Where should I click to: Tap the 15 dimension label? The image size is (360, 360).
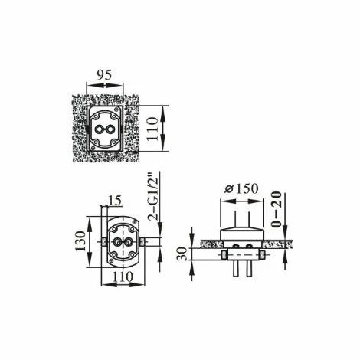114,201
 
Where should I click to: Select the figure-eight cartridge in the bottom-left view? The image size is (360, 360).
123,242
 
